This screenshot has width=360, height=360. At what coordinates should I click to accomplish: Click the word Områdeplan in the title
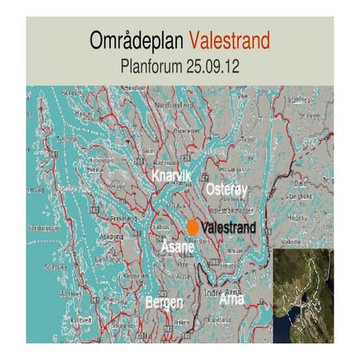click(x=138, y=40)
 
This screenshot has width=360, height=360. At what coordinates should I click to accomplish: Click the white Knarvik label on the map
click(x=172, y=174)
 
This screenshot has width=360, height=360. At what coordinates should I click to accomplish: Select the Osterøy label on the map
click(x=227, y=190)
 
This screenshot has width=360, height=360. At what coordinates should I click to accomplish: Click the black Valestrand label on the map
click(x=229, y=228)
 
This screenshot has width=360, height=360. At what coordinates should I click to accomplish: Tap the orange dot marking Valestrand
click(x=193, y=227)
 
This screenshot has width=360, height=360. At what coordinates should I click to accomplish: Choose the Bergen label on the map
click(x=164, y=303)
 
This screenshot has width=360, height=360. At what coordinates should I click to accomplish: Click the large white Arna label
click(x=232, y=299)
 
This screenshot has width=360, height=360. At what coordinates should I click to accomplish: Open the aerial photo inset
click(x=303, y=295)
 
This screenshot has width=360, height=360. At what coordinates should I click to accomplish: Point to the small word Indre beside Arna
click(x=213, y=292)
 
